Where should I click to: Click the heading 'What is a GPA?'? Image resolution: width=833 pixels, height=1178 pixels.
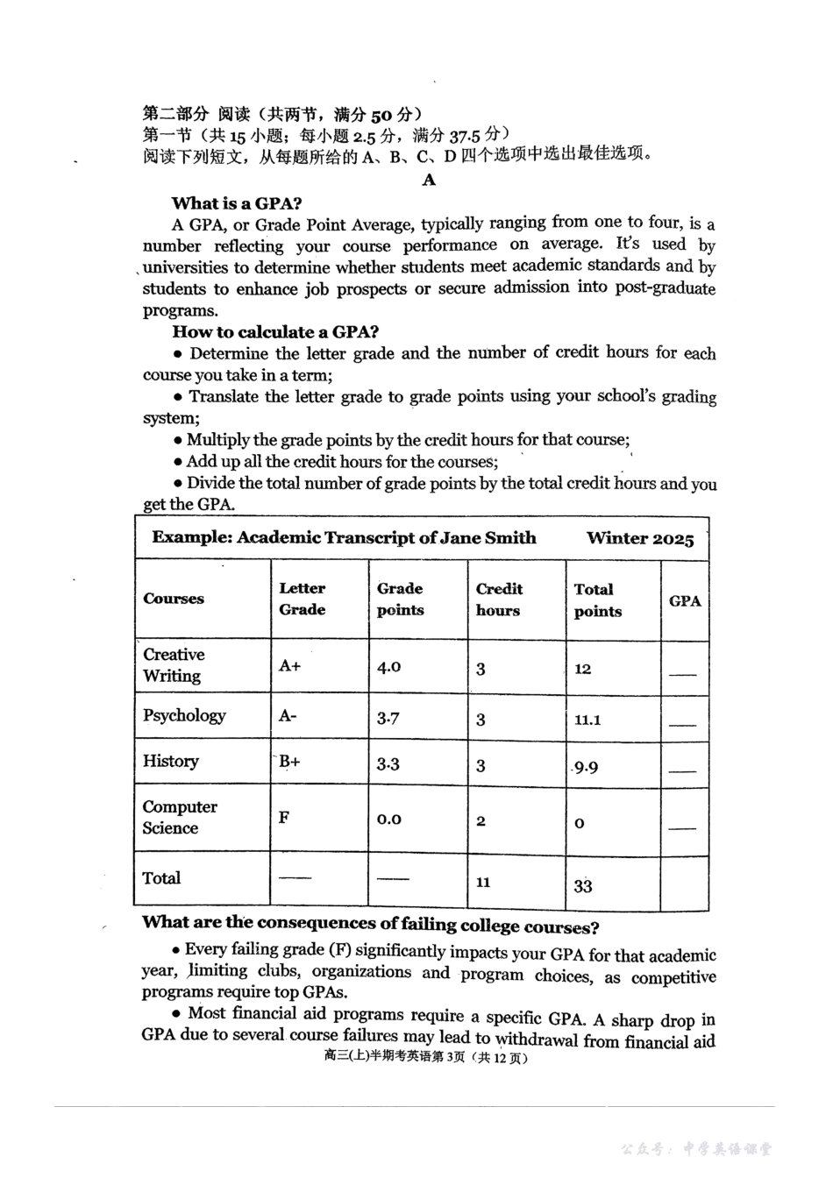236,203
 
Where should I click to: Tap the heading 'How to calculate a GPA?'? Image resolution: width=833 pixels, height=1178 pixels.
274,331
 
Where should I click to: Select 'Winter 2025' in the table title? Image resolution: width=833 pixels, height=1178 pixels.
640,538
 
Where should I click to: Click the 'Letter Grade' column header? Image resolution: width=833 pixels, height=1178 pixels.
302,599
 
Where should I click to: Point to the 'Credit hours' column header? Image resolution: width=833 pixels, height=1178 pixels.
499,600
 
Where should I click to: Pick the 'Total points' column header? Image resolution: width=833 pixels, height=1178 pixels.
597,600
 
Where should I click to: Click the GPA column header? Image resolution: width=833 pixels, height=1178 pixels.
685,600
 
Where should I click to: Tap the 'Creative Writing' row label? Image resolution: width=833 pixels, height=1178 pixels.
174,665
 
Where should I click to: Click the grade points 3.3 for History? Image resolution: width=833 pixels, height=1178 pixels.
388,763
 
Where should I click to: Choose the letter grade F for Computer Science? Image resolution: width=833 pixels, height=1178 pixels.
283,817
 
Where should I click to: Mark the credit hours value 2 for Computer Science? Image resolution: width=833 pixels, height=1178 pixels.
481,821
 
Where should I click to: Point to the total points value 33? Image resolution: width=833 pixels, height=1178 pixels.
583,886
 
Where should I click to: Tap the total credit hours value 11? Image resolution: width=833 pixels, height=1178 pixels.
482,882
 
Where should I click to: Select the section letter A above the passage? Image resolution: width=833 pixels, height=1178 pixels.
429,181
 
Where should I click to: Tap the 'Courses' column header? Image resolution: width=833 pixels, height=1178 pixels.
174,599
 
